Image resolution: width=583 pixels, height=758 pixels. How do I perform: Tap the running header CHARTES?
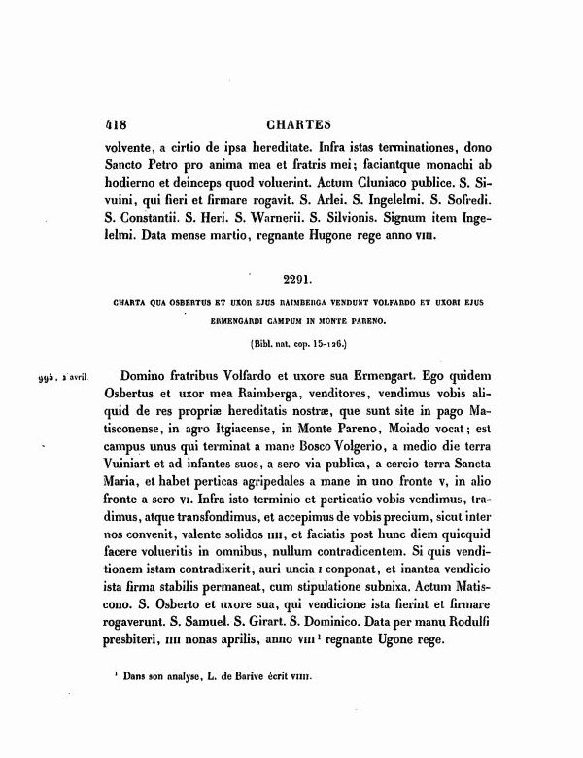pyautogui.click(x=296, y=123)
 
